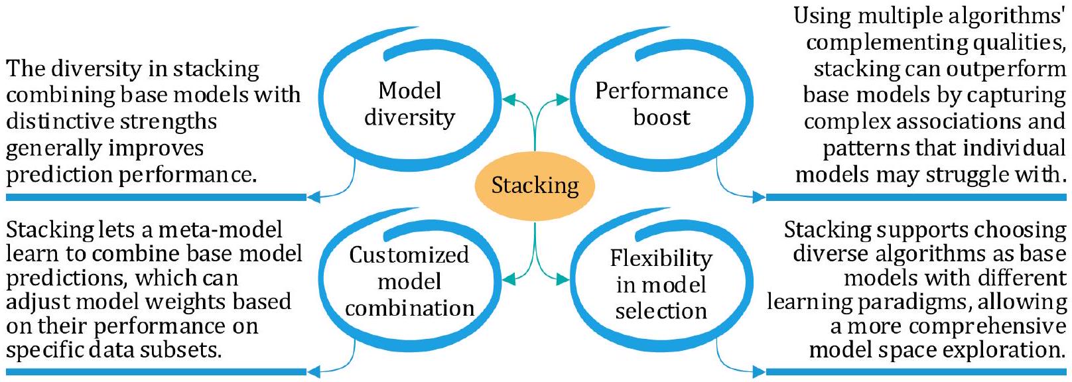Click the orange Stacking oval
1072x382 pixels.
pos(535,186)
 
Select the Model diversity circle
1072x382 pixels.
pos(409,104)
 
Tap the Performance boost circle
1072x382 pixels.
pos(661,104)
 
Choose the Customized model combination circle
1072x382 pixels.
pos(409,281)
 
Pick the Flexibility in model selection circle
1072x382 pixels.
pos(661,284)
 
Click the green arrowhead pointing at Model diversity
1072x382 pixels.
pos(509,100)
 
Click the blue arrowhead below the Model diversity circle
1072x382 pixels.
pos(314,196)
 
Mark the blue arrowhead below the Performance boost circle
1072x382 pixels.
pos(758,196)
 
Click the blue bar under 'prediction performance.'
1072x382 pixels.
pos(156,197)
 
